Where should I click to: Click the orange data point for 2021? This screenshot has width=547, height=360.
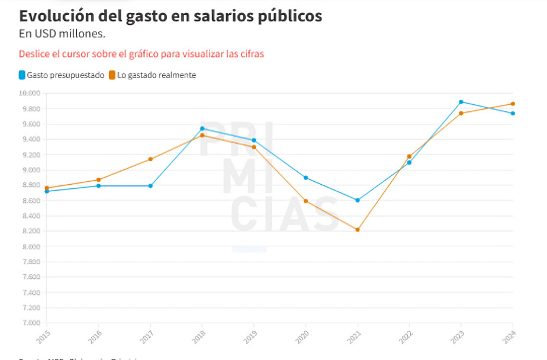[358, 230]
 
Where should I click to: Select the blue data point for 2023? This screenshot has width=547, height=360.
[461, 102]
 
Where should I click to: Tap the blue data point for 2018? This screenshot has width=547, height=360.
[202, 128]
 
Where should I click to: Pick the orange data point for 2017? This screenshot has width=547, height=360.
[150, 159]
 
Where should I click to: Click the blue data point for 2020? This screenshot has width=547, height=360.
[306, 178]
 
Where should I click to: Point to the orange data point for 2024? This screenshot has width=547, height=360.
[513, 104]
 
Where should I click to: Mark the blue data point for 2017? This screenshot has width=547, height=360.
[150, 186]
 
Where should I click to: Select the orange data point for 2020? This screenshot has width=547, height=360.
[306, 201]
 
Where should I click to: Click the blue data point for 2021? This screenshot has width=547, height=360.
[358, 200]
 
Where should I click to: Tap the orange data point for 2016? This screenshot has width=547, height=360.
[99, 180]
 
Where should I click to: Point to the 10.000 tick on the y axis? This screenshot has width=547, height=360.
[29, 94]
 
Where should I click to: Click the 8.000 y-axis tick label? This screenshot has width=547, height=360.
[30, 247]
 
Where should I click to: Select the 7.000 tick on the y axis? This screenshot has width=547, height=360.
[30, 323]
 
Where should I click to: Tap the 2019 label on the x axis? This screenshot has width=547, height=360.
[252, 337]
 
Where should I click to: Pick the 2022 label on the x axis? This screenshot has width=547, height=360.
[407, 337]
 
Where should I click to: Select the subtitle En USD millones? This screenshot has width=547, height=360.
[62, 33]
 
